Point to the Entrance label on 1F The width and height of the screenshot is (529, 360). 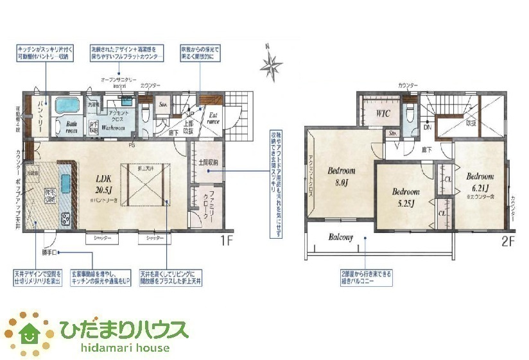pyautogui.click(x=212, y=119)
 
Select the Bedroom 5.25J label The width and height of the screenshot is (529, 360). pyautogui.click(x=406, y=197)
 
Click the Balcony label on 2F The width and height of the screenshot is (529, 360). pyautogui.click(x=341, y=237)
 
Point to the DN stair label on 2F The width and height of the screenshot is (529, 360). pyautogui.click(x=427, y=128)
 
